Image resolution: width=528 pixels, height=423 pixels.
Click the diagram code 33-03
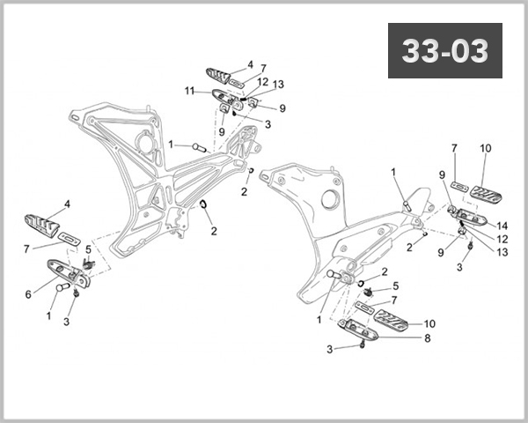click(x=445, y=51)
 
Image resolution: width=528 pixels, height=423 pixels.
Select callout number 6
click(x=29, y=295)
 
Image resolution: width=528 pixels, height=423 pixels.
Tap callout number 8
click(x=428, y=338)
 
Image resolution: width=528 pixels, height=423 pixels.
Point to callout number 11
click(x=189, y=90)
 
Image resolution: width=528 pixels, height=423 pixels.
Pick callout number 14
click(x=502, y=225)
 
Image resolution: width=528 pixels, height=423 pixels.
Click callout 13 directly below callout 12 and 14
click(x=502, y=251)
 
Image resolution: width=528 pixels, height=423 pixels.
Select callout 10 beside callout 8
click(x=429, y=323)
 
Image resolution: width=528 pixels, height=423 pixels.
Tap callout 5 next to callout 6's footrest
click(x=88, y=249)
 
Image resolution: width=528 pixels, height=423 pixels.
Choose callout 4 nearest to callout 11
click(x=250, y=64)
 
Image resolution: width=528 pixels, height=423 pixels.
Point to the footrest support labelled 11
click(x=227, y=99)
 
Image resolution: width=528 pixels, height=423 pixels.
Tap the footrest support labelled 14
click(x=466, y=213)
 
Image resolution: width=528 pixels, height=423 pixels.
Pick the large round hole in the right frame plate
click(x=330, y=200)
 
